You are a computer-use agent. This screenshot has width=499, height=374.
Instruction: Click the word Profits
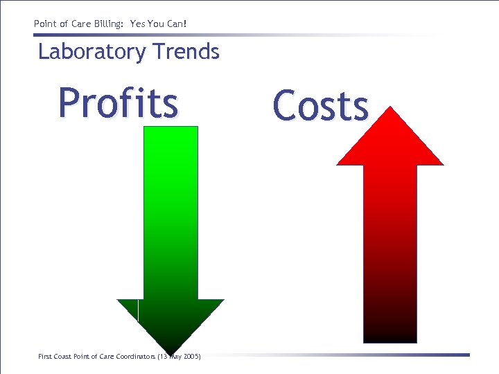pos(118,103)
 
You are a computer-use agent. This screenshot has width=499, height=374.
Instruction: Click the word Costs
pos(320,107)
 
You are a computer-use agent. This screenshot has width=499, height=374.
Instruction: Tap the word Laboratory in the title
pos(92,52)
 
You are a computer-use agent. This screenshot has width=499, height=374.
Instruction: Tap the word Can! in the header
pos(176,24)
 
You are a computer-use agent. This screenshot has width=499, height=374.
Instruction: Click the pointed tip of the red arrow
pos(391,108)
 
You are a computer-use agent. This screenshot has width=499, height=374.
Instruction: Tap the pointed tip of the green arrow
pos(170,351)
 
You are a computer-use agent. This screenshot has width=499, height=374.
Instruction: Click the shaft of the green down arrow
pos(170,208)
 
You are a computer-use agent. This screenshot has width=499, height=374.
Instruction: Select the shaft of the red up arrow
pos(390,242)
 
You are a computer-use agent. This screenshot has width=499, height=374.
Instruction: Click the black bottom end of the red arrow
pos(390,337)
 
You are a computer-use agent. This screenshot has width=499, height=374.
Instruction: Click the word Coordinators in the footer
pos(138,357)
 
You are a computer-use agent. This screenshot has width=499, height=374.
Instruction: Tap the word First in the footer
pos(44,357)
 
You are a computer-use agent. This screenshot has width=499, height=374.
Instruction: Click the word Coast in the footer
pos(62,357)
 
